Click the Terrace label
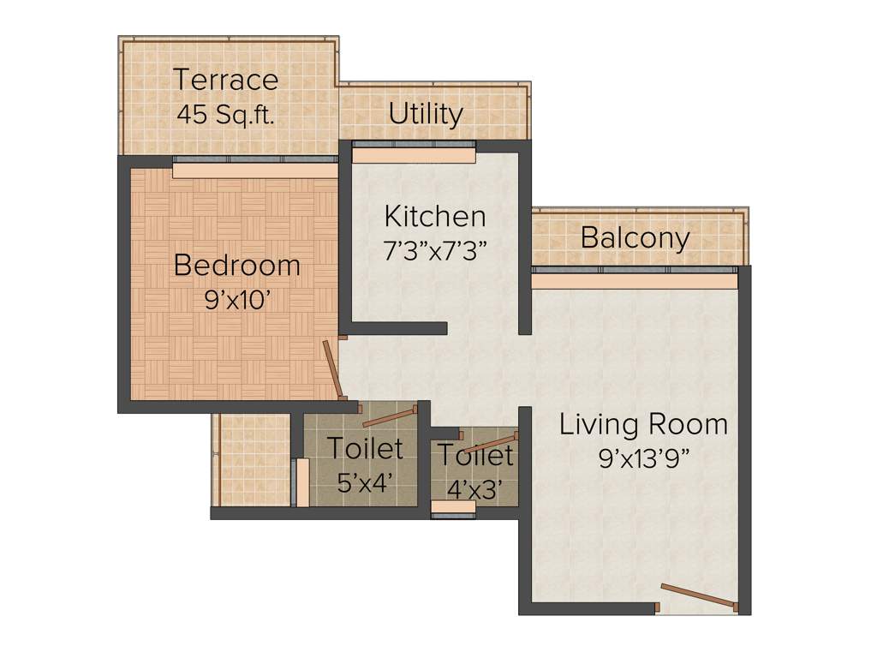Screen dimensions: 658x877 click(226, 80)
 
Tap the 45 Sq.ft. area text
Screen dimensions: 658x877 click(226, 114)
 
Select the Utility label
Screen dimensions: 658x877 click(426, 114)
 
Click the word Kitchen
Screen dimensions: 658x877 click(435, 215)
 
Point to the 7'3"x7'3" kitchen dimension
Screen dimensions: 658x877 click(435, 250)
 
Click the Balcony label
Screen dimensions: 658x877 click(635, 237)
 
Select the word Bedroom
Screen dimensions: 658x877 click(237, 266)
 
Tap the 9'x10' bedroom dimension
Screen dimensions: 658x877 click(237, 300)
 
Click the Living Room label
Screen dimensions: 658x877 click(643, 424)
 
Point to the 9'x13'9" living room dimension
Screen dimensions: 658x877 click(643, 458)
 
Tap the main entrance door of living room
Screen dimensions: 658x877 click(699, 596)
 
